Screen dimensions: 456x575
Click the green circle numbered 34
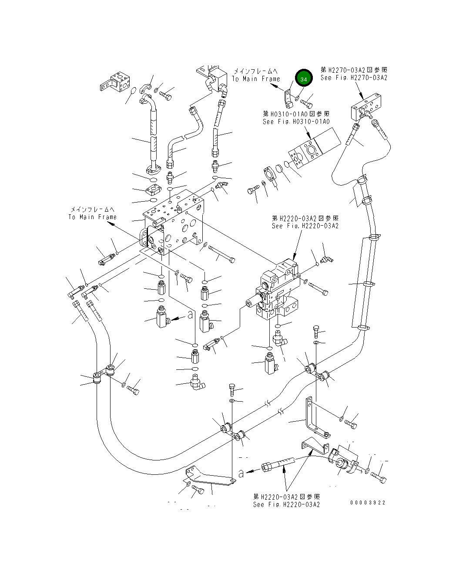click(304, 78)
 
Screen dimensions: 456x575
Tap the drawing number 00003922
click(368, 503)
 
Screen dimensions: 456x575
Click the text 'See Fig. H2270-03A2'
click(354, 78)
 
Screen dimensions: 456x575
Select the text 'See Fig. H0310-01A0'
click(296, 122)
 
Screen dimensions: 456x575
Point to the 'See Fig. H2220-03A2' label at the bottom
click(286, 504)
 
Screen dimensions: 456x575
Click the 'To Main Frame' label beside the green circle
click(256, 79)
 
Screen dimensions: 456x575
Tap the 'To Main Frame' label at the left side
click(92, 217)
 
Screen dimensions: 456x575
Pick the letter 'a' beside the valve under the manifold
click(190, 315)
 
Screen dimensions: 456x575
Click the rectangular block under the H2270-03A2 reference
click(366, 107)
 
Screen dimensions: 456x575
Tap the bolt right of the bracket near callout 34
click(306, 103)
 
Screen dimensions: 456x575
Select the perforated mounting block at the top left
click(115, 81)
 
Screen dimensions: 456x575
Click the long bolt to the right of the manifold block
click(221, 254)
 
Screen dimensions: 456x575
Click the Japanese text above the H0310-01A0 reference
click(296, 114)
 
